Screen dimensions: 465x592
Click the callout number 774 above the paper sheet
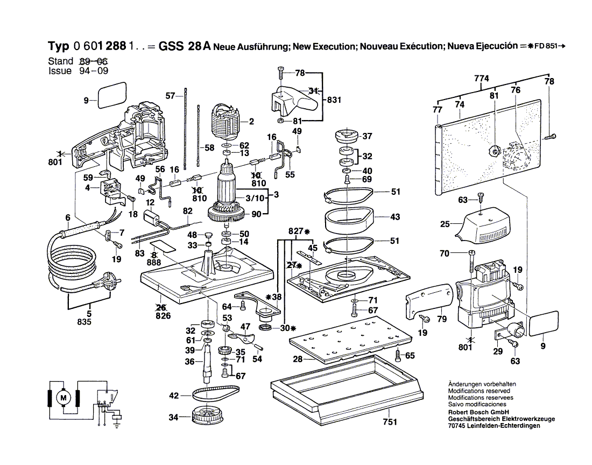point(482,79)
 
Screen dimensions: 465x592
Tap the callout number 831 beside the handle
point(334,100)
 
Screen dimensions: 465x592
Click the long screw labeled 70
point(471,266)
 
